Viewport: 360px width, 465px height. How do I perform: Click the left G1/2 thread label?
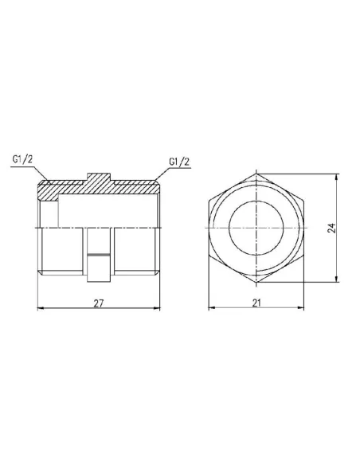point(22,159)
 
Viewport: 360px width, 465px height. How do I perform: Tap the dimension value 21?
point(256,303)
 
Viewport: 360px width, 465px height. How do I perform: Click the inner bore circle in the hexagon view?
point(256,227)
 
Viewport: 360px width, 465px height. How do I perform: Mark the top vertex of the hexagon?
point(256,170)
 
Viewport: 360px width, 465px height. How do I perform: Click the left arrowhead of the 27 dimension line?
point(41,308)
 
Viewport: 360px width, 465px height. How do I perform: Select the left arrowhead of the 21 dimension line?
point(211,308)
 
